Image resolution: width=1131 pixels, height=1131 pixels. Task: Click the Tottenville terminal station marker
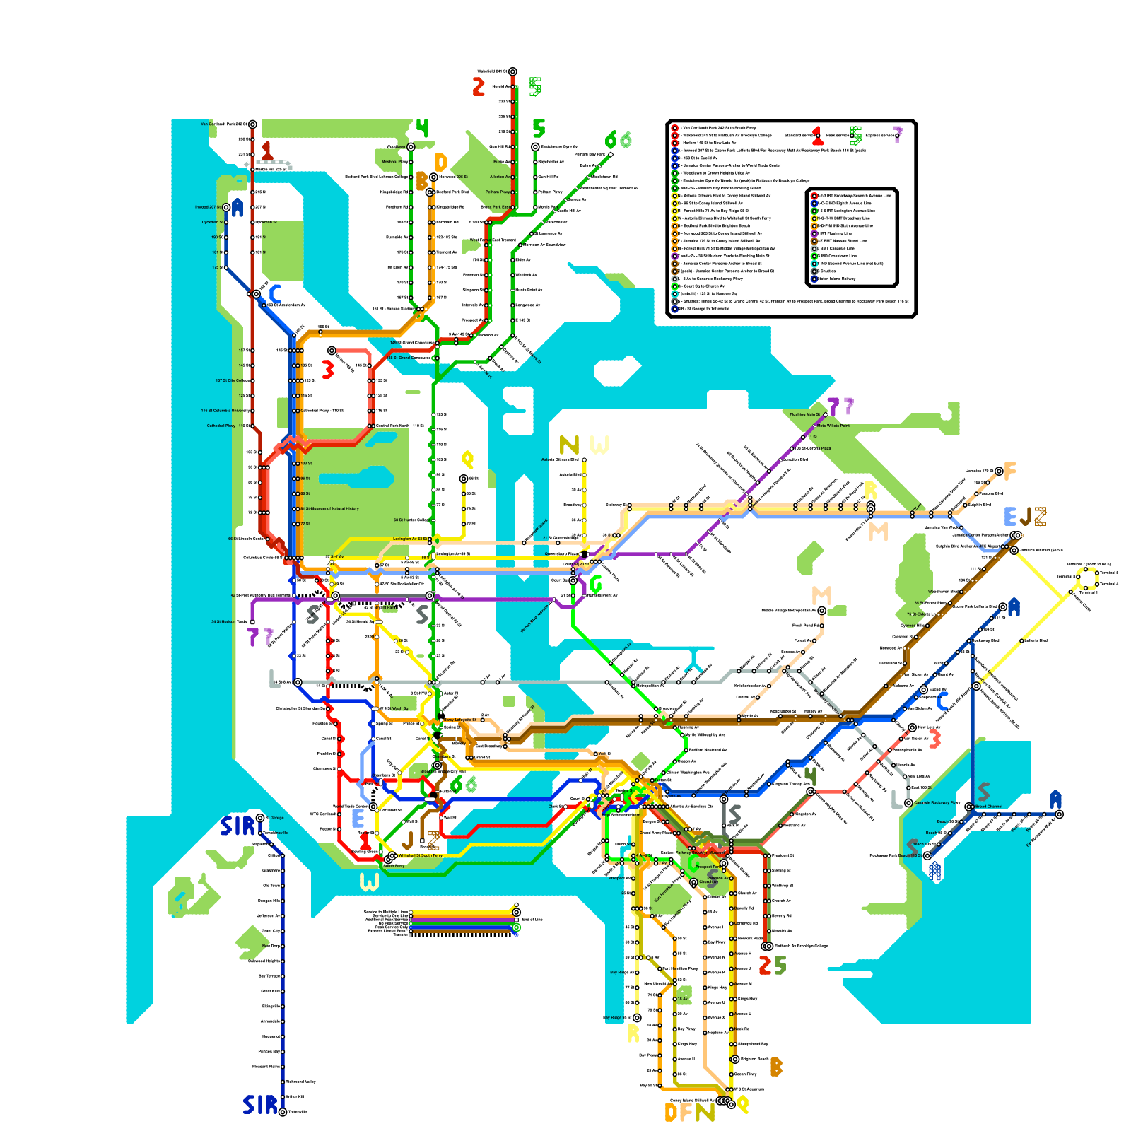pyautogui.click(x=283, y=1112)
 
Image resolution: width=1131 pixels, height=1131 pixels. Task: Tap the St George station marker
pyautogui.click(x=260, y=818)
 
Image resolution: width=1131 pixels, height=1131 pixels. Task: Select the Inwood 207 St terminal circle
pyautogui.click(x=226, y=207)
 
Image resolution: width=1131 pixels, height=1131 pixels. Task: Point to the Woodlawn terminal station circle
pyautogui.click(x=411, y=147)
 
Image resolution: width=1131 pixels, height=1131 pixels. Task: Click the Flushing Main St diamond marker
pyautogui.click(x=826, y=415)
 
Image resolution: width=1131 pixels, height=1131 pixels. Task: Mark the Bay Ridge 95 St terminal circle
pyautogui.click(x=637, y=1018)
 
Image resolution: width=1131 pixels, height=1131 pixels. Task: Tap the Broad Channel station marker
pyautogui.click(x=969, y=807)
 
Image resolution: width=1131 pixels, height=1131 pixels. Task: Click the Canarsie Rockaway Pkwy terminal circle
pyautogui.click(x=909, y=803)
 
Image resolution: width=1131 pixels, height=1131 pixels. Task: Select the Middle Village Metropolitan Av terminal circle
pyautogui.click(x=821, y=610)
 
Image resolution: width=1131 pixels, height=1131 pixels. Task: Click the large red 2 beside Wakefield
pyautogui.click(x=479, y=87)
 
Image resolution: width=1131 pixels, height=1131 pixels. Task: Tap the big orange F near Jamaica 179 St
pyautogui.click(x=1010, y=471)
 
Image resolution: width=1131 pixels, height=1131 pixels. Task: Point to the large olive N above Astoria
pyautogui.click(x=568, y=445)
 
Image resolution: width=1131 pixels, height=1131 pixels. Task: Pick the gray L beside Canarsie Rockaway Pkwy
pyautogui.click(x=897, y=799)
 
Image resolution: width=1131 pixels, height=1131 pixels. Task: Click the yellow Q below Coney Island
pyautogui.click(x=742, y=1105)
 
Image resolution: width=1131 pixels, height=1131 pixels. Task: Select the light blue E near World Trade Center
pyautogui.click(x=358, y=818)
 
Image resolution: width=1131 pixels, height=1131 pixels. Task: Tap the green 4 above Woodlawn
pyautogui.click(x=422, y=129)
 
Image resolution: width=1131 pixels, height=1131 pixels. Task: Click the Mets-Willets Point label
pyautogui.click(x=833, y=426)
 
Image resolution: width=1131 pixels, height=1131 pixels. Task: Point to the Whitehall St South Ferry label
pyautogui.click(x=421, y=855)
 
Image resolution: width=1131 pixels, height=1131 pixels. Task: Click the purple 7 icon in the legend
pyautogui.click(x=898, y=135)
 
